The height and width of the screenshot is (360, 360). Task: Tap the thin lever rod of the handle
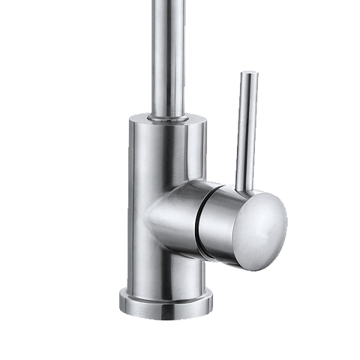tap(246, 127)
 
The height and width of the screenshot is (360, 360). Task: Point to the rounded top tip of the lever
tap(249, 73)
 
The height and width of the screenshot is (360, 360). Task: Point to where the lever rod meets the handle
tap(243, 184)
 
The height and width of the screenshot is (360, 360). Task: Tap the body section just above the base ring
tap(166, 270)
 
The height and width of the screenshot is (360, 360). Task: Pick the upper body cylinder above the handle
tap(166, 150)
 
